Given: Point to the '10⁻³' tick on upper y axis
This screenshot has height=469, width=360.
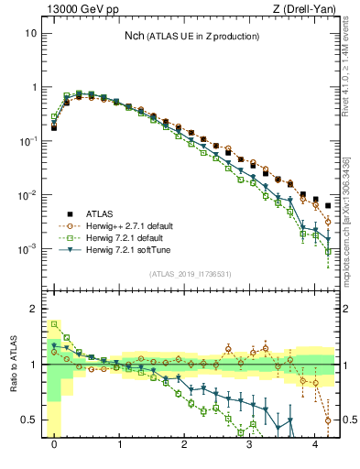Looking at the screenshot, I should [x=27, y=249].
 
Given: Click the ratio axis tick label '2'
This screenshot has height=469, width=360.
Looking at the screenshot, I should [x=33, y=309].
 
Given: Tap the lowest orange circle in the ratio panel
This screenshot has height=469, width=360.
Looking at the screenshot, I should [x=328, y=420].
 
